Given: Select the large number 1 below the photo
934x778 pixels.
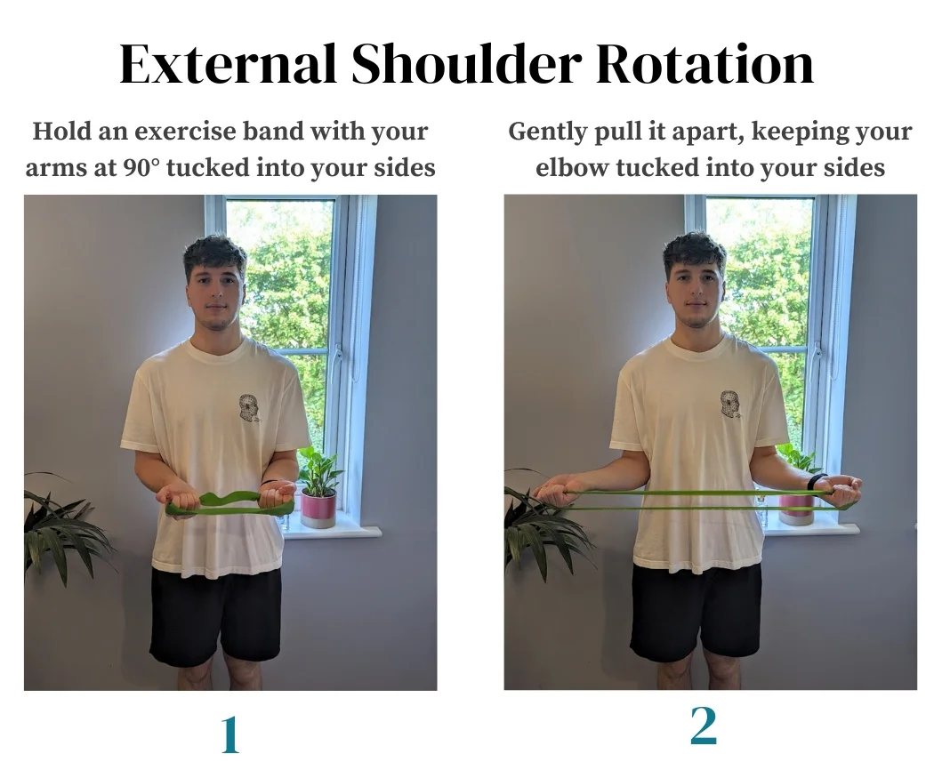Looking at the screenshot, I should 229,734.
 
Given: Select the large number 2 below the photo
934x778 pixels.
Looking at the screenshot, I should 703,726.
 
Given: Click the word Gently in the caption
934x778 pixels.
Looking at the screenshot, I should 543,132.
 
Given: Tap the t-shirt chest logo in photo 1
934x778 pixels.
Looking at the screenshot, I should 249,408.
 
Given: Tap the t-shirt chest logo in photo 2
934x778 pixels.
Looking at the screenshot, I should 731,405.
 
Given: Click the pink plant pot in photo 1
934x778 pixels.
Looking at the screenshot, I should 318,508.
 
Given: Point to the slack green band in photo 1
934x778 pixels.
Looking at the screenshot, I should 229,505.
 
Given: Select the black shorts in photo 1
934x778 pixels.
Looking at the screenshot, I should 215,614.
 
